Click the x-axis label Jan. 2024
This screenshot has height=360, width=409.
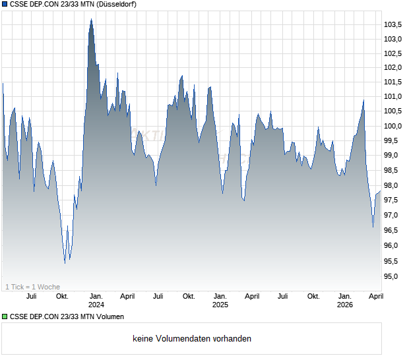[96, 301]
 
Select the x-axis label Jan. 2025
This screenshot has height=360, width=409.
[220, 301]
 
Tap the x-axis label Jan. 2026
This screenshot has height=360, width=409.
[344, 301]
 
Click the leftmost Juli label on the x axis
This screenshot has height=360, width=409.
[31, 296]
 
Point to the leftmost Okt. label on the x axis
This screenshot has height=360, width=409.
[62, 296]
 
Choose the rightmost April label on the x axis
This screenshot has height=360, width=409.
[375, 296]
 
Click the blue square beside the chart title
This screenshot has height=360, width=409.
[5, 5]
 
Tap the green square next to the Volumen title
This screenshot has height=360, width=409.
[5, 317]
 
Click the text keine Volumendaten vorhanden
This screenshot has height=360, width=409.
[192, 339]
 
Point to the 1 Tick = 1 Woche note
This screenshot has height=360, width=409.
[33, 287]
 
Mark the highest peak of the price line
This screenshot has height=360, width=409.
[91, 18]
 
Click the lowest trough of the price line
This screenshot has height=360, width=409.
[65, 263]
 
